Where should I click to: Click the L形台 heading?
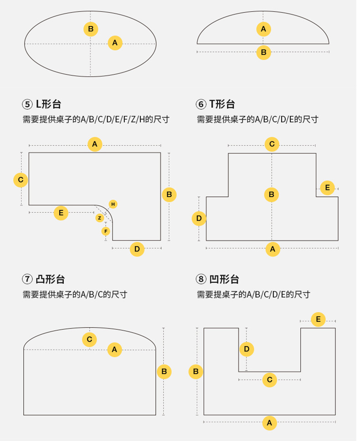48,104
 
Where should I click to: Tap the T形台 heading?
222,104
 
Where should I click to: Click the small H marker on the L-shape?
113,204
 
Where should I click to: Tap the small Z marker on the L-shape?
99,218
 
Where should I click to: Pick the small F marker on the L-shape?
106,231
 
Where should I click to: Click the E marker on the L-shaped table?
61,213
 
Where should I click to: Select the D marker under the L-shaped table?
137,249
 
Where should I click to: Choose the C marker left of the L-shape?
21,180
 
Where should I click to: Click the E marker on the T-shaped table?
327,187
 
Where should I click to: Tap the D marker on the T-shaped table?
199,219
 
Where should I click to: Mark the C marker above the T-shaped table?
272,144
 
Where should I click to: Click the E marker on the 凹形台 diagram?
318,319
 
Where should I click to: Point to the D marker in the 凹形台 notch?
247,349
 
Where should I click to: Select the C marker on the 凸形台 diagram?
89,339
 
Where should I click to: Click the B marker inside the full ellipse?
91,29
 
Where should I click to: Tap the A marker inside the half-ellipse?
263,30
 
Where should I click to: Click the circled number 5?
27,104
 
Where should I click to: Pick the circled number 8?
201,279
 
